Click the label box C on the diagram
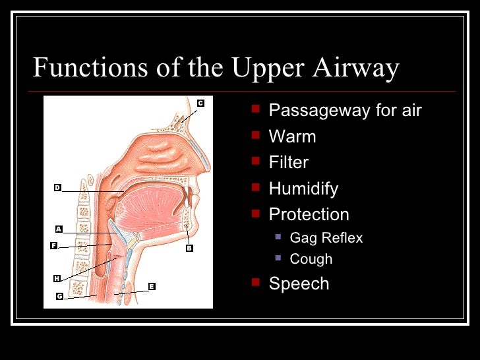(x=200, y=103)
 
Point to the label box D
(x=57, y=188)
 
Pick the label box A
(x=59, y=229)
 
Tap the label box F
(x=54, y=245)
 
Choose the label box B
(x=189, y=249)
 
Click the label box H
(x=57, y=279)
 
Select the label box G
(x=59, y=296)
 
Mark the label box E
(x=152, y=286)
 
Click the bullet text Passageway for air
(x=345, y=111)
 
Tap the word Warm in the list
(x=292, y=137)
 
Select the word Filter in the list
(x=289, y=163)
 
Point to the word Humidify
(x=303, y=189)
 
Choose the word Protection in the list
(x=309, y=214)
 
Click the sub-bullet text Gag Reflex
(x=326, y=238)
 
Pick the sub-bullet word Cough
(x=311, y=259)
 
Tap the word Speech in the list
(x=299, y=284)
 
